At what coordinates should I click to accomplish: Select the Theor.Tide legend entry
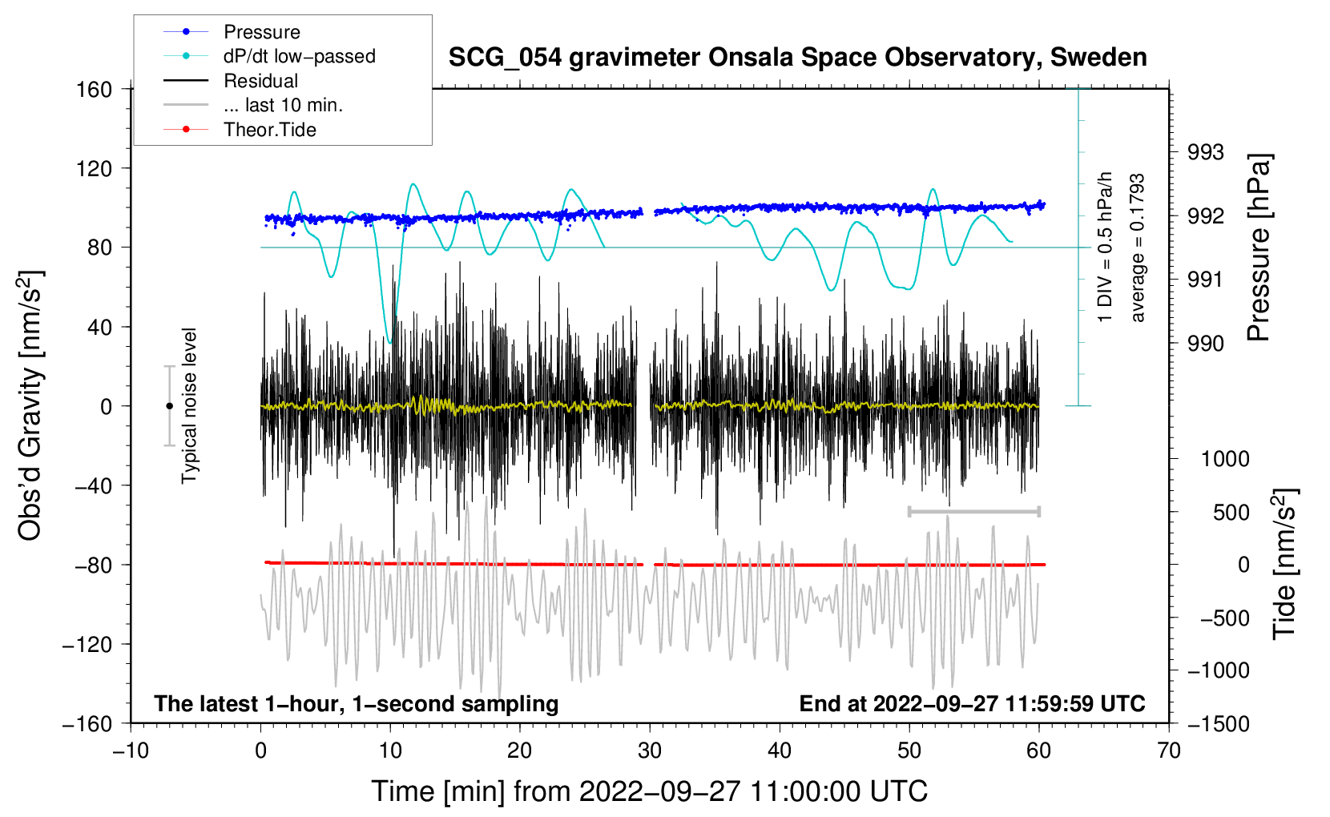(x=269, y=130)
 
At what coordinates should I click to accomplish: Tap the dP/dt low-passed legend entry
(x=299, y=56)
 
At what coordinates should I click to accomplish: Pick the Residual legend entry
(x=260, y=81)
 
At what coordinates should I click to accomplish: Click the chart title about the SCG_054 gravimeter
(x=797, y=58)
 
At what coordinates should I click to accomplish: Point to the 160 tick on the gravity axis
(x=95, y=89)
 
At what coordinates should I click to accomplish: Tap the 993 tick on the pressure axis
(x=1206, y=152)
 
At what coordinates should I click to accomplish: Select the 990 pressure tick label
(x=1206, y=344)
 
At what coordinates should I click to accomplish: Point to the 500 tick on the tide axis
(x=1231, y=512)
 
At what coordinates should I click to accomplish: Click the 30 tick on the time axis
(x=650, y=751)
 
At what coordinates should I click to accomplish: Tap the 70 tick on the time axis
(x=1169, y=751)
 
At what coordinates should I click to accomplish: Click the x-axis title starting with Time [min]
(x=649, y=791)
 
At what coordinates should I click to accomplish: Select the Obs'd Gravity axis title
(x=30, y=405)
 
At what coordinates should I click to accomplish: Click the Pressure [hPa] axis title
(x=1259, y=248)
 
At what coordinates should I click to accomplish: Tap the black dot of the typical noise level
(x=169, y=406)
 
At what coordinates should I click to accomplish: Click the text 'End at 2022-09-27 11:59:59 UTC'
(x=972, y=703)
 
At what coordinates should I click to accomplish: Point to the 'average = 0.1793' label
(x=1138, y=248)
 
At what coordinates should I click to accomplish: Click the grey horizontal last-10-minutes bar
(x=973, y=511)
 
